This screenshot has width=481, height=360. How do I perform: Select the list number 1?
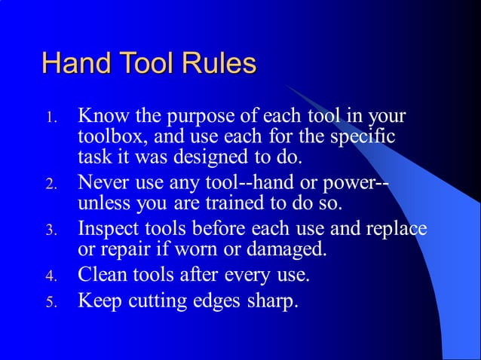[x=51, y=118]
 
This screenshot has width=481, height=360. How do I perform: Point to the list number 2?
[x=51, y=184]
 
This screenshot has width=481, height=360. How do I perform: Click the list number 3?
[x=51, y=230]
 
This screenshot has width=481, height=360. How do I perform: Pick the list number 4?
[x=51, y=276]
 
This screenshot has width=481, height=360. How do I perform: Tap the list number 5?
[x=51, y=303]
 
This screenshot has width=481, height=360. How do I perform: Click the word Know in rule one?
[x=103, y=117]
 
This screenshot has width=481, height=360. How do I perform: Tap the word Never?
[x=104, y=182]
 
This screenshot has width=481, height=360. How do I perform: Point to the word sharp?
[x=272, y=303]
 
